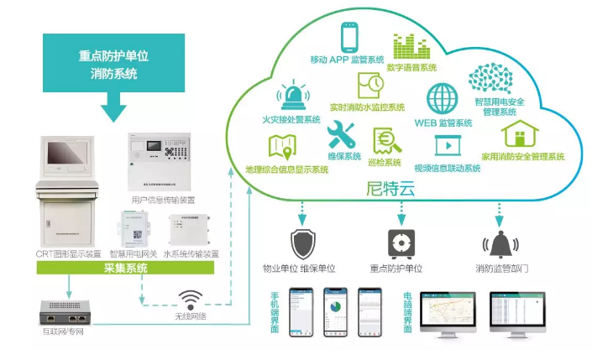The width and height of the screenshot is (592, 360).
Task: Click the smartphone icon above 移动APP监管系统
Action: (x=350, y=38)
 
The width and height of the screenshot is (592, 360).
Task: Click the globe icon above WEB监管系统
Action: (x=442, y=99)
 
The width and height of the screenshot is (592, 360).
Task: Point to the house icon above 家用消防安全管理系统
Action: (x=524, y=133)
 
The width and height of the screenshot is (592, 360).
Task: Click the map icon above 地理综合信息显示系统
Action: (x=281, y=149)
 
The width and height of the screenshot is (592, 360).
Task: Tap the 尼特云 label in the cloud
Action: (x=387, y=190)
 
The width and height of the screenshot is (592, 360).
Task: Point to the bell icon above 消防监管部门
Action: (x=499, y=244)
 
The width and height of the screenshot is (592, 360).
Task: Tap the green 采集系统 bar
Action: (x=125, y=269)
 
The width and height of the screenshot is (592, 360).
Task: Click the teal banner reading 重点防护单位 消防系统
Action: (x=113, y=65)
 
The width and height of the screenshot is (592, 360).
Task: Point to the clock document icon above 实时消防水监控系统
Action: (x=370, y=84)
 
